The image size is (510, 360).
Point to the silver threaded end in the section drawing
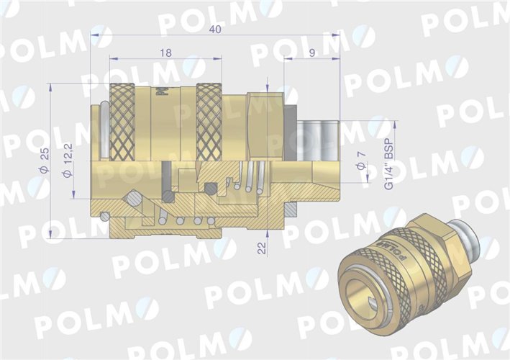tap(318, 140)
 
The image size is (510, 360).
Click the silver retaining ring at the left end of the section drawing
tap(104, 130)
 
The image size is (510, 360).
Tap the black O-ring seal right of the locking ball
tap(168, 197)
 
